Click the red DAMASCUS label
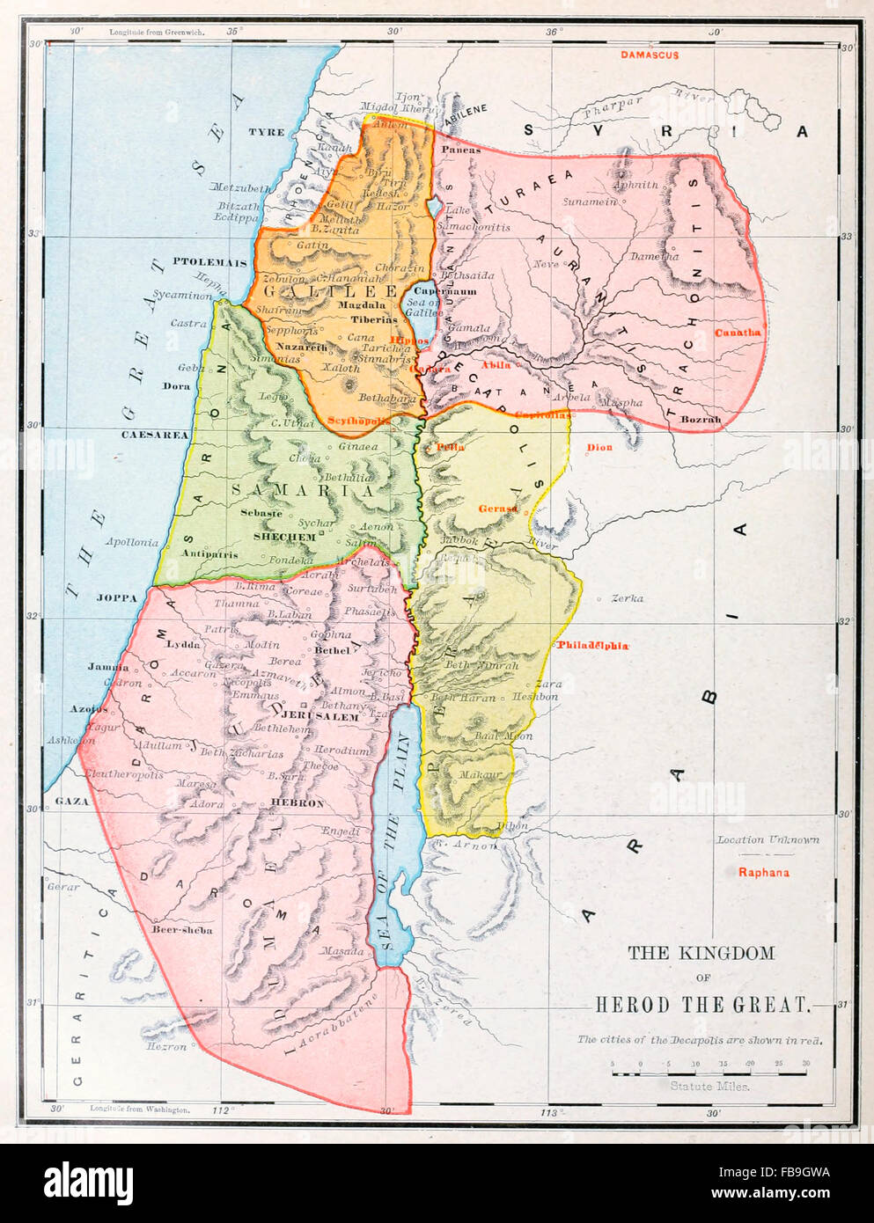(649, 55)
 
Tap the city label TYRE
(266, 132)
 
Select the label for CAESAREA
(155, 435)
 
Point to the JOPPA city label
(117, 597)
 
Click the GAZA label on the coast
(72, 802)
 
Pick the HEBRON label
(297, 802)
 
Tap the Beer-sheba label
(181, 929)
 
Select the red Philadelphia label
(591, 646)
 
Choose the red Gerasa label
(498, 509)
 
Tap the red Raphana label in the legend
(763, 873)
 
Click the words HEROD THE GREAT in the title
(701, 1005)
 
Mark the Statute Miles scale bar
(709, 1066)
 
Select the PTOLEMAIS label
(209, 262)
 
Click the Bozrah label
(701, 420)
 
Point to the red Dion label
(599, 448)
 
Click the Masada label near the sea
(342, 951)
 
